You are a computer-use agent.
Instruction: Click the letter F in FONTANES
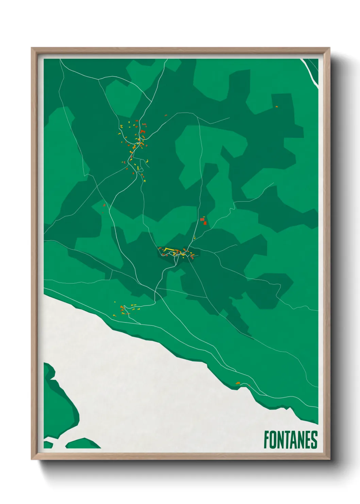(x=267, y=440)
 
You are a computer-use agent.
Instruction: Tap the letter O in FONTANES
(x=273, y=440)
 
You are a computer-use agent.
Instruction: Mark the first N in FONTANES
(x=280, y=440)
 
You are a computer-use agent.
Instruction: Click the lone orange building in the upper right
(x=276, y=107)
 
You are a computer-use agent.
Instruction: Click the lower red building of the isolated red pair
(x=205, y=223)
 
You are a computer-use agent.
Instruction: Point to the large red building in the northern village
(x=142, y=131)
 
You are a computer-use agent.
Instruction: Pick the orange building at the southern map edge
(x=238, y=383)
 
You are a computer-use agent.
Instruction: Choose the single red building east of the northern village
(x=166, y=115)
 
